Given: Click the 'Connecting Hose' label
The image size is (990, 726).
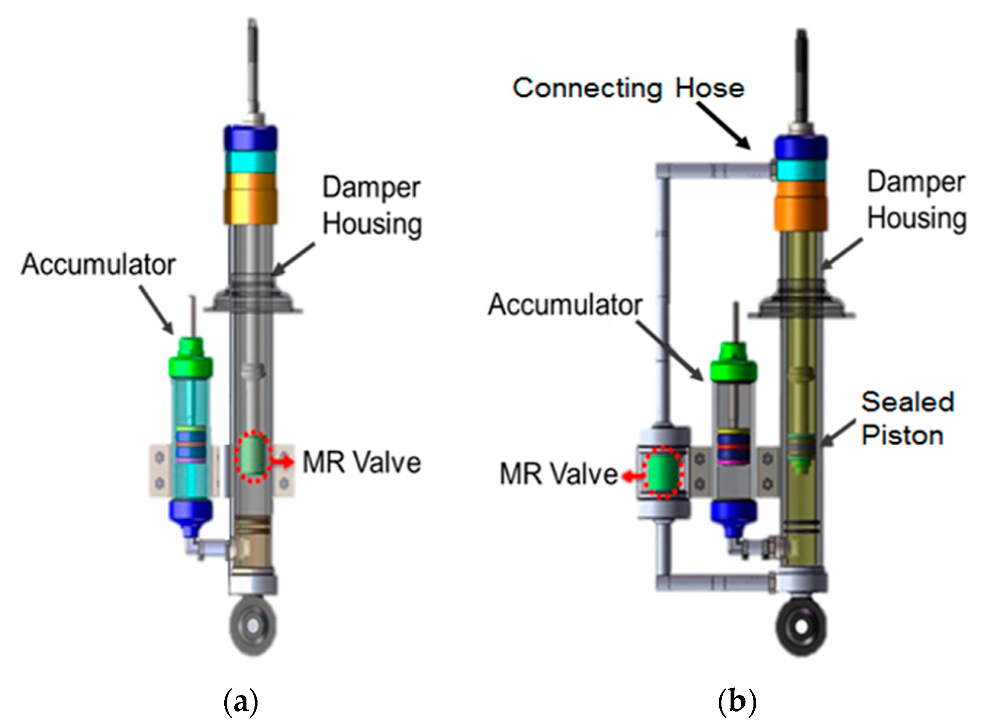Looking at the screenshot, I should [628, 88].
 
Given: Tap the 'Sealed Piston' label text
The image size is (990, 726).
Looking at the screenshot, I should [906, 418].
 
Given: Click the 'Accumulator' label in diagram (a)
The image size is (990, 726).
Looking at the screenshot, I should [98, 265].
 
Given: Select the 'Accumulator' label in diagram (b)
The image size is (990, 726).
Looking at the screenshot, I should [565, 305].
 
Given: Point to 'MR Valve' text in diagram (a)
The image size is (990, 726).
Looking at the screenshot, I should [361, 463].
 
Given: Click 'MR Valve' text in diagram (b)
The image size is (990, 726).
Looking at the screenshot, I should [558, 475].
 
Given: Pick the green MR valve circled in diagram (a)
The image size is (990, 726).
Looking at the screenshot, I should [253, 457].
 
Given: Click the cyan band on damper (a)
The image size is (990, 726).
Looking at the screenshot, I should [251, 161].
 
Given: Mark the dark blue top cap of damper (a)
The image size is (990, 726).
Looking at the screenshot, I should [251, 138].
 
